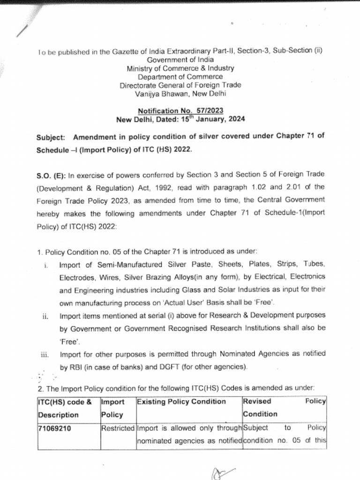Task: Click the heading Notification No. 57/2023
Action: click(x=180, y=111)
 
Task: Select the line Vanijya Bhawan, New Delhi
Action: click(x=180, y=93)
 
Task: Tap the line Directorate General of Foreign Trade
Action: click(x=180, y=85)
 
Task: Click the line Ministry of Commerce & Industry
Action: click(x=180, y=68)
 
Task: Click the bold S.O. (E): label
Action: click(x=51, y=176)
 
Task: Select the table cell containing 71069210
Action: click(x=54, y=428)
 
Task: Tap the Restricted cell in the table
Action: click(x=118, y=428)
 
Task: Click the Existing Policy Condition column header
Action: click(x=181, y=402)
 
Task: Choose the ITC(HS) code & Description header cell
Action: click(x=67, y=408)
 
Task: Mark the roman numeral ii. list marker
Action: click(x=45, y=316)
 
